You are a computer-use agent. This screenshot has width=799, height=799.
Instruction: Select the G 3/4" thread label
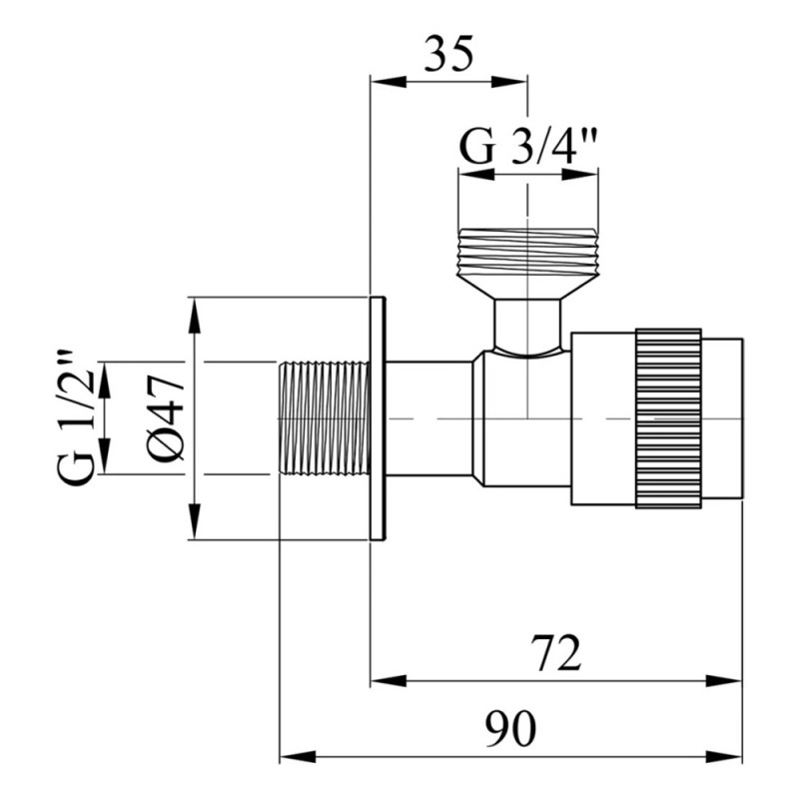pos(527,148)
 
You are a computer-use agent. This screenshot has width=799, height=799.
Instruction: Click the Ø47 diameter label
pos(166,417)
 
